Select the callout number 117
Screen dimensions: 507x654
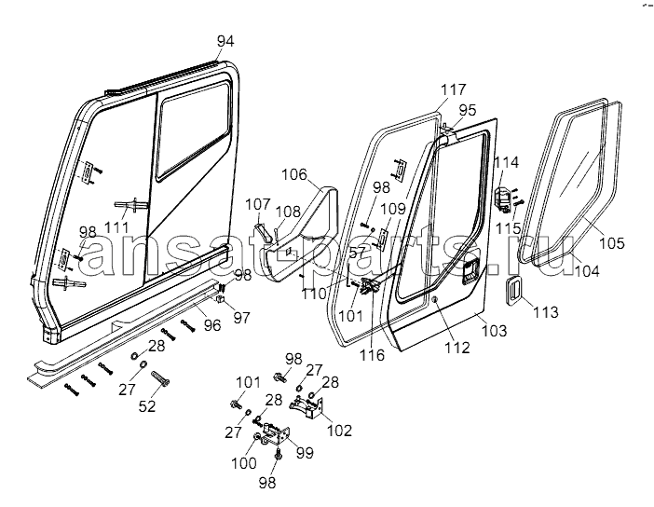454,89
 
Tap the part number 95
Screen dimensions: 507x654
468,110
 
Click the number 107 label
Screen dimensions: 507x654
258,204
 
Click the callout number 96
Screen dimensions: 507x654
212,325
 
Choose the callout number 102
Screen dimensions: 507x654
340,430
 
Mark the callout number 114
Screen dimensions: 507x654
507,163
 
